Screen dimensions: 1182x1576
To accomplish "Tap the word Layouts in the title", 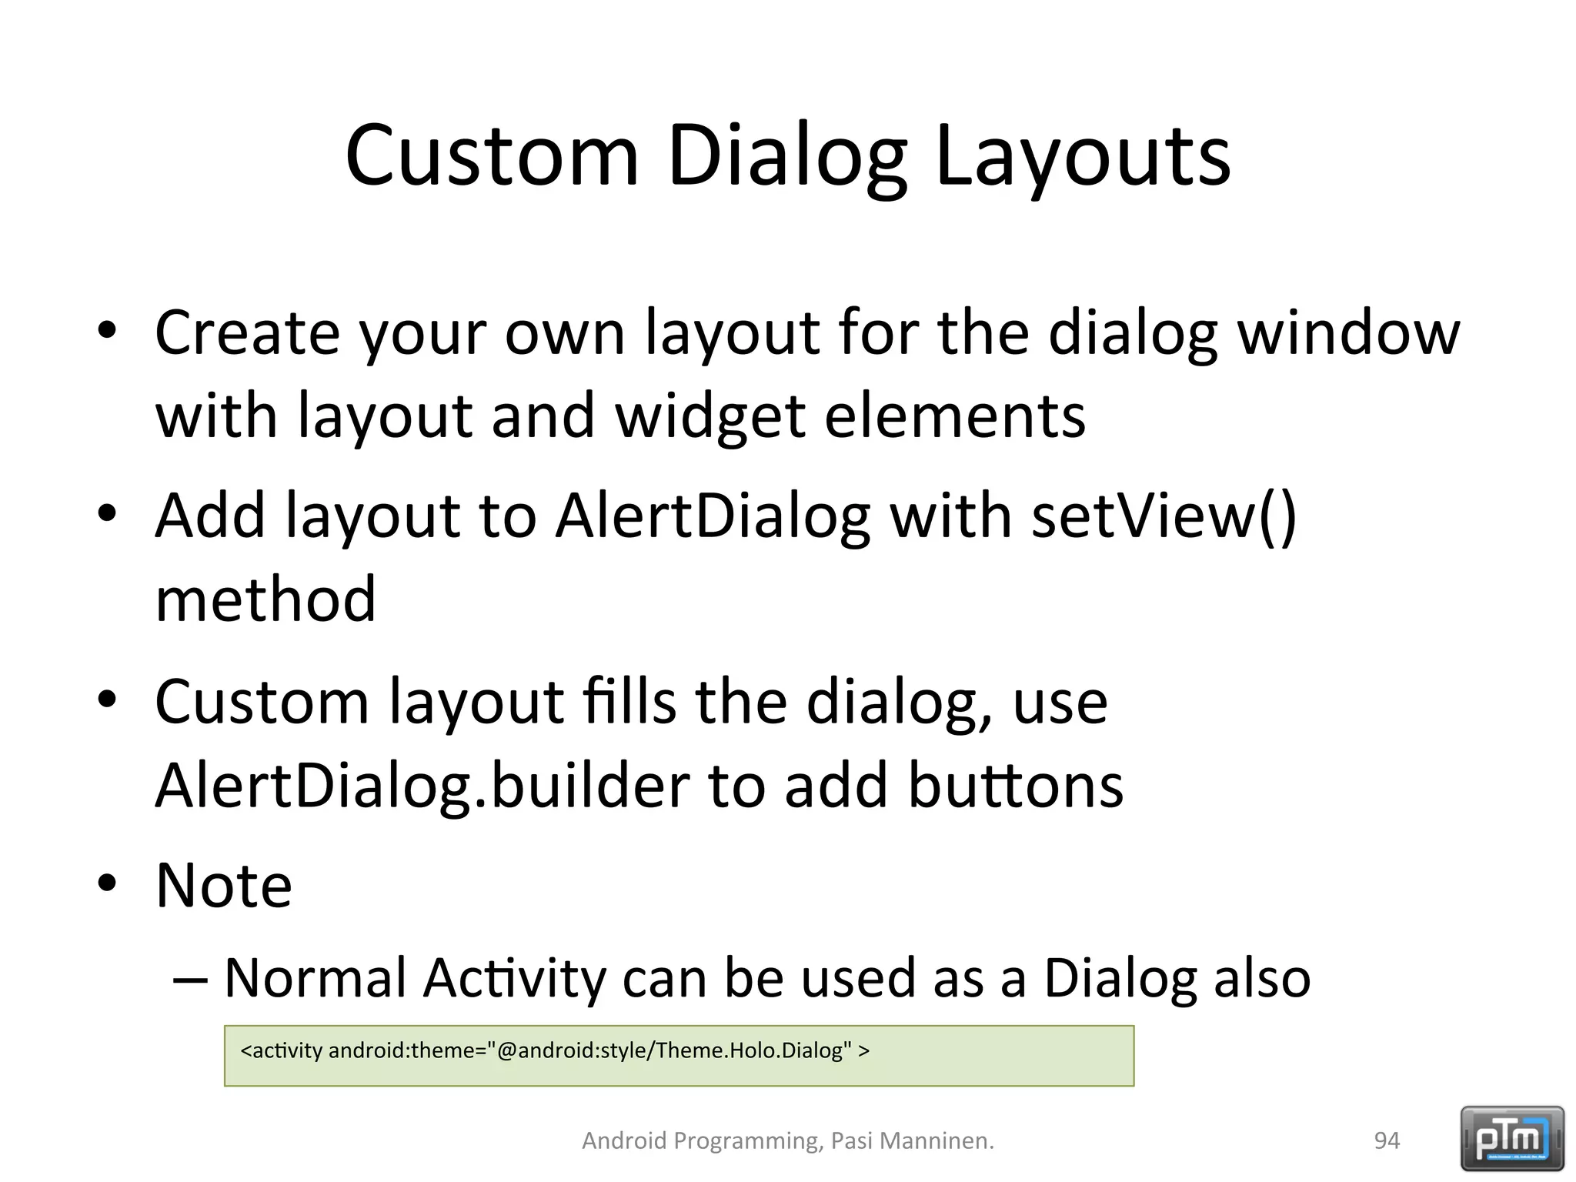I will coord(1083,156).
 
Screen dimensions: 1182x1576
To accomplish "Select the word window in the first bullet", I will coord(1347,333).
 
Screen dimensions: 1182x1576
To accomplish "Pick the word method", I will coord(265,599).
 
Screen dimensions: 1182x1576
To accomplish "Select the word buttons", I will coord(1016,786).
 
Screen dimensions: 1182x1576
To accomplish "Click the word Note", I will coord(224,886).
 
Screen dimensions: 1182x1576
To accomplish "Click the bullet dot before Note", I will coord(107,883).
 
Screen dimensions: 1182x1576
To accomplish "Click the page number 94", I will coord(1387,1140).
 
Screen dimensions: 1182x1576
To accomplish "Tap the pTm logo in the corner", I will coord(1512,1138).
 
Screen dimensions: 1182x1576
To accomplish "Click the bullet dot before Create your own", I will coord(107,330).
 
